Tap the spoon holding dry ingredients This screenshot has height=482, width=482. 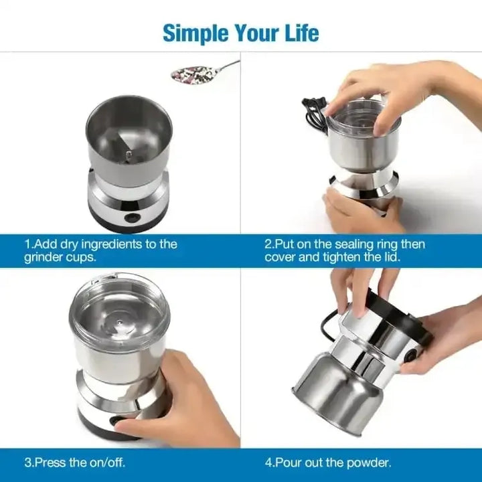[x=193, y=73]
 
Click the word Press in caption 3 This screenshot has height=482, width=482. [x=50, y=462]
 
